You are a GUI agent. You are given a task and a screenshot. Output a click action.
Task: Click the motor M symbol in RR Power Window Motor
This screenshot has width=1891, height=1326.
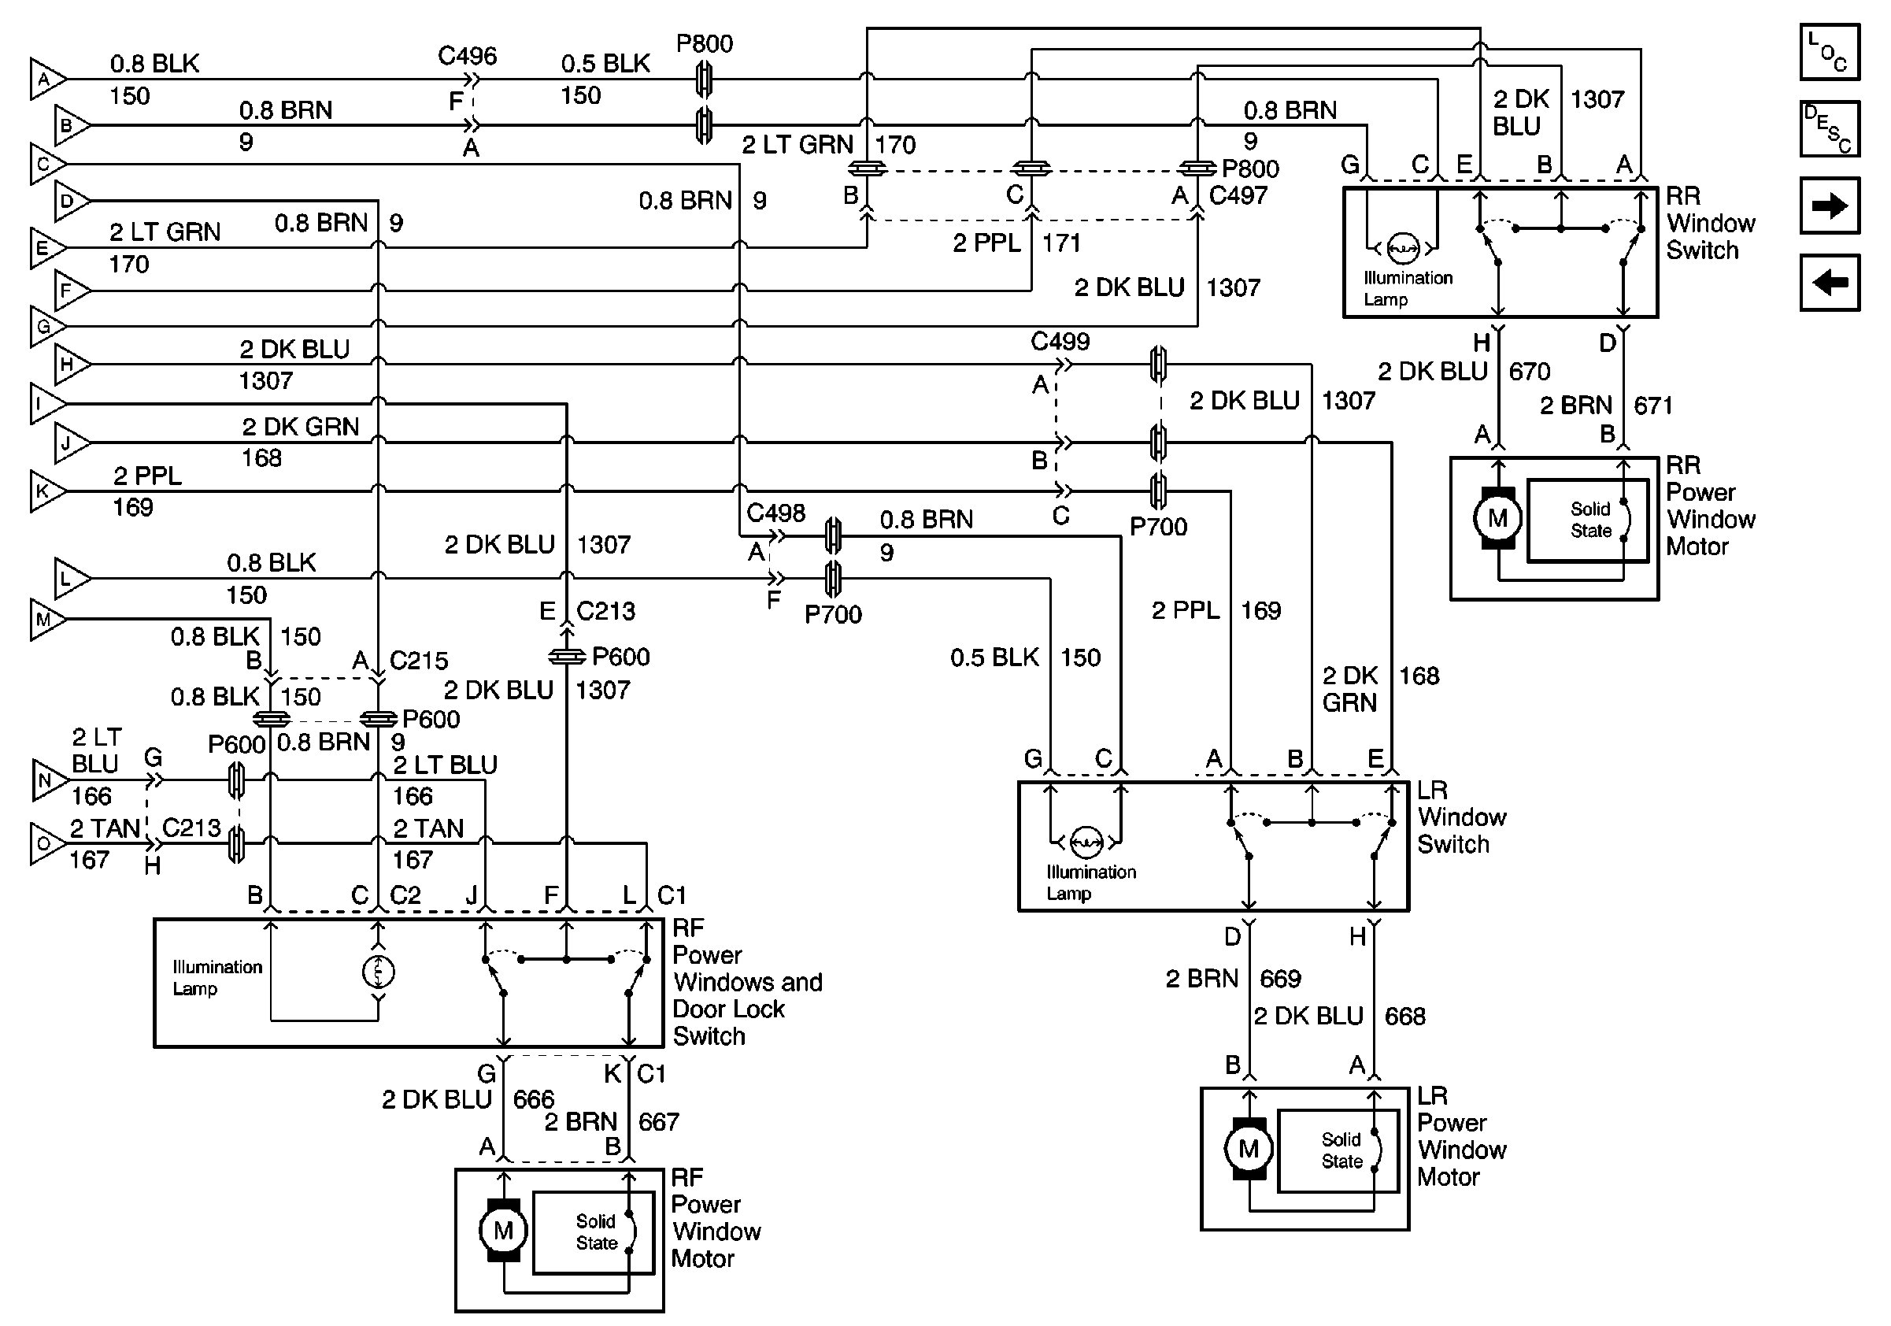click(x=1497, y=518)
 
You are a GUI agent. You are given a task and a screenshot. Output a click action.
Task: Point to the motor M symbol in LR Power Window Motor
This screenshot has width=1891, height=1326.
click(x=1249, y=1148)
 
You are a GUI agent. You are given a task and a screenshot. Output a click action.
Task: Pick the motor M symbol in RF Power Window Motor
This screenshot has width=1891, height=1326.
click(x=502, y=1231)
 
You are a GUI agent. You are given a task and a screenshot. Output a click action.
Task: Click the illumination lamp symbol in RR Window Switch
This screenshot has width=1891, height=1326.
click(x=1403, y=247)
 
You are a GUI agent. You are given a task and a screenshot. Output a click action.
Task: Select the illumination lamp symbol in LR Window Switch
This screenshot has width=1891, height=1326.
click(x=1086, y=842)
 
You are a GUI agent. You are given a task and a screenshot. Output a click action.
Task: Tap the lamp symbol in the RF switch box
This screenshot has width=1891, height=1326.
click(x=378, y=972)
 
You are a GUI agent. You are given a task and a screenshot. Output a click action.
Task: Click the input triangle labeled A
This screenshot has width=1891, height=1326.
click(x=46, y=79)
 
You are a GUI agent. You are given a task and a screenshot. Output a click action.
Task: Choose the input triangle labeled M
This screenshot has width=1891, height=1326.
click(x=46, y=620)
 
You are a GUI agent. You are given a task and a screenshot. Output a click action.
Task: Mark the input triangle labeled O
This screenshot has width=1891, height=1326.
click(x=46, y=843)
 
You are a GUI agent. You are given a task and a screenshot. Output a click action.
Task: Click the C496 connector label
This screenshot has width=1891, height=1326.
click(x=467, y=56)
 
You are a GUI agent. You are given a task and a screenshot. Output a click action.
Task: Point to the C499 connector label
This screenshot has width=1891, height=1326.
click(x=1059, y=342)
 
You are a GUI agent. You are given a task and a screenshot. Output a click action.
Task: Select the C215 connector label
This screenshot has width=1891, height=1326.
click(x=418, y=661)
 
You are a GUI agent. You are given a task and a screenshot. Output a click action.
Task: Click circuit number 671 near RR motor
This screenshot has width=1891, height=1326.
click(x=1652, y=406)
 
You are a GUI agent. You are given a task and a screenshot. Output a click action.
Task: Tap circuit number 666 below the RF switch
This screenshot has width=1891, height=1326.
click(x=534, y=1099)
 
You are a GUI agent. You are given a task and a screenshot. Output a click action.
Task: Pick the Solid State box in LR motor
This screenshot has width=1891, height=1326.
click(x=1338, y=1150)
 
